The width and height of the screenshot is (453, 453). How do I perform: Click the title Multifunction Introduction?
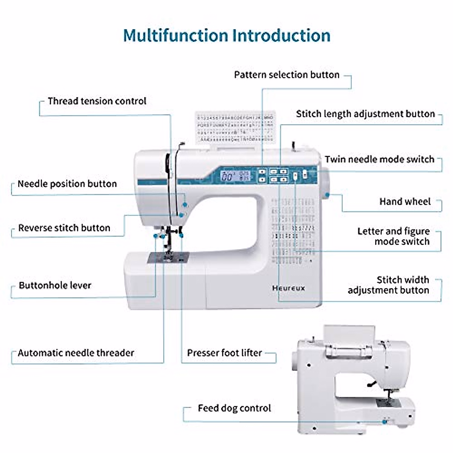tap(226, 35)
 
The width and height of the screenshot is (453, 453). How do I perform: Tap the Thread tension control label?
tap(97, 101)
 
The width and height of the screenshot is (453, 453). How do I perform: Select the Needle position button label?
tap(67, 184)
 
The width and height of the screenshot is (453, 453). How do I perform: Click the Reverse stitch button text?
tap(64, 228)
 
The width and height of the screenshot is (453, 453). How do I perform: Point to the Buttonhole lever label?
tap(55, 285)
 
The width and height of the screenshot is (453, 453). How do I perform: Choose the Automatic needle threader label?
tap(76, 353)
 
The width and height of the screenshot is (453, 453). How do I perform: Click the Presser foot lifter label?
tap(224, 353)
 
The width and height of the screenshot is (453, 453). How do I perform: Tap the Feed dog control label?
tap(234, 408)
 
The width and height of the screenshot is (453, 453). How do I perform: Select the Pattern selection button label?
tap(287, 75)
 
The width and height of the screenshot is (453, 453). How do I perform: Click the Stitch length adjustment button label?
tap(365, 114)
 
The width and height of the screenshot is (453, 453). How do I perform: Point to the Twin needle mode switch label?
tap(379, 159)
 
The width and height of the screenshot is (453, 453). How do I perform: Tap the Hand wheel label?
tap(405, 202)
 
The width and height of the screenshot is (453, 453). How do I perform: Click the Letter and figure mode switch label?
tap(393, 236)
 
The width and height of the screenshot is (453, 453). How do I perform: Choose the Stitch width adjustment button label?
tap(388, 285)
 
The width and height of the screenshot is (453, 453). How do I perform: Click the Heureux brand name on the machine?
tap(288, 288)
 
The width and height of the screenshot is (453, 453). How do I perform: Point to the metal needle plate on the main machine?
tap(168, 258)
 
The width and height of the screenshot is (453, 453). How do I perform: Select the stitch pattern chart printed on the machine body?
tap(293, 230)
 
